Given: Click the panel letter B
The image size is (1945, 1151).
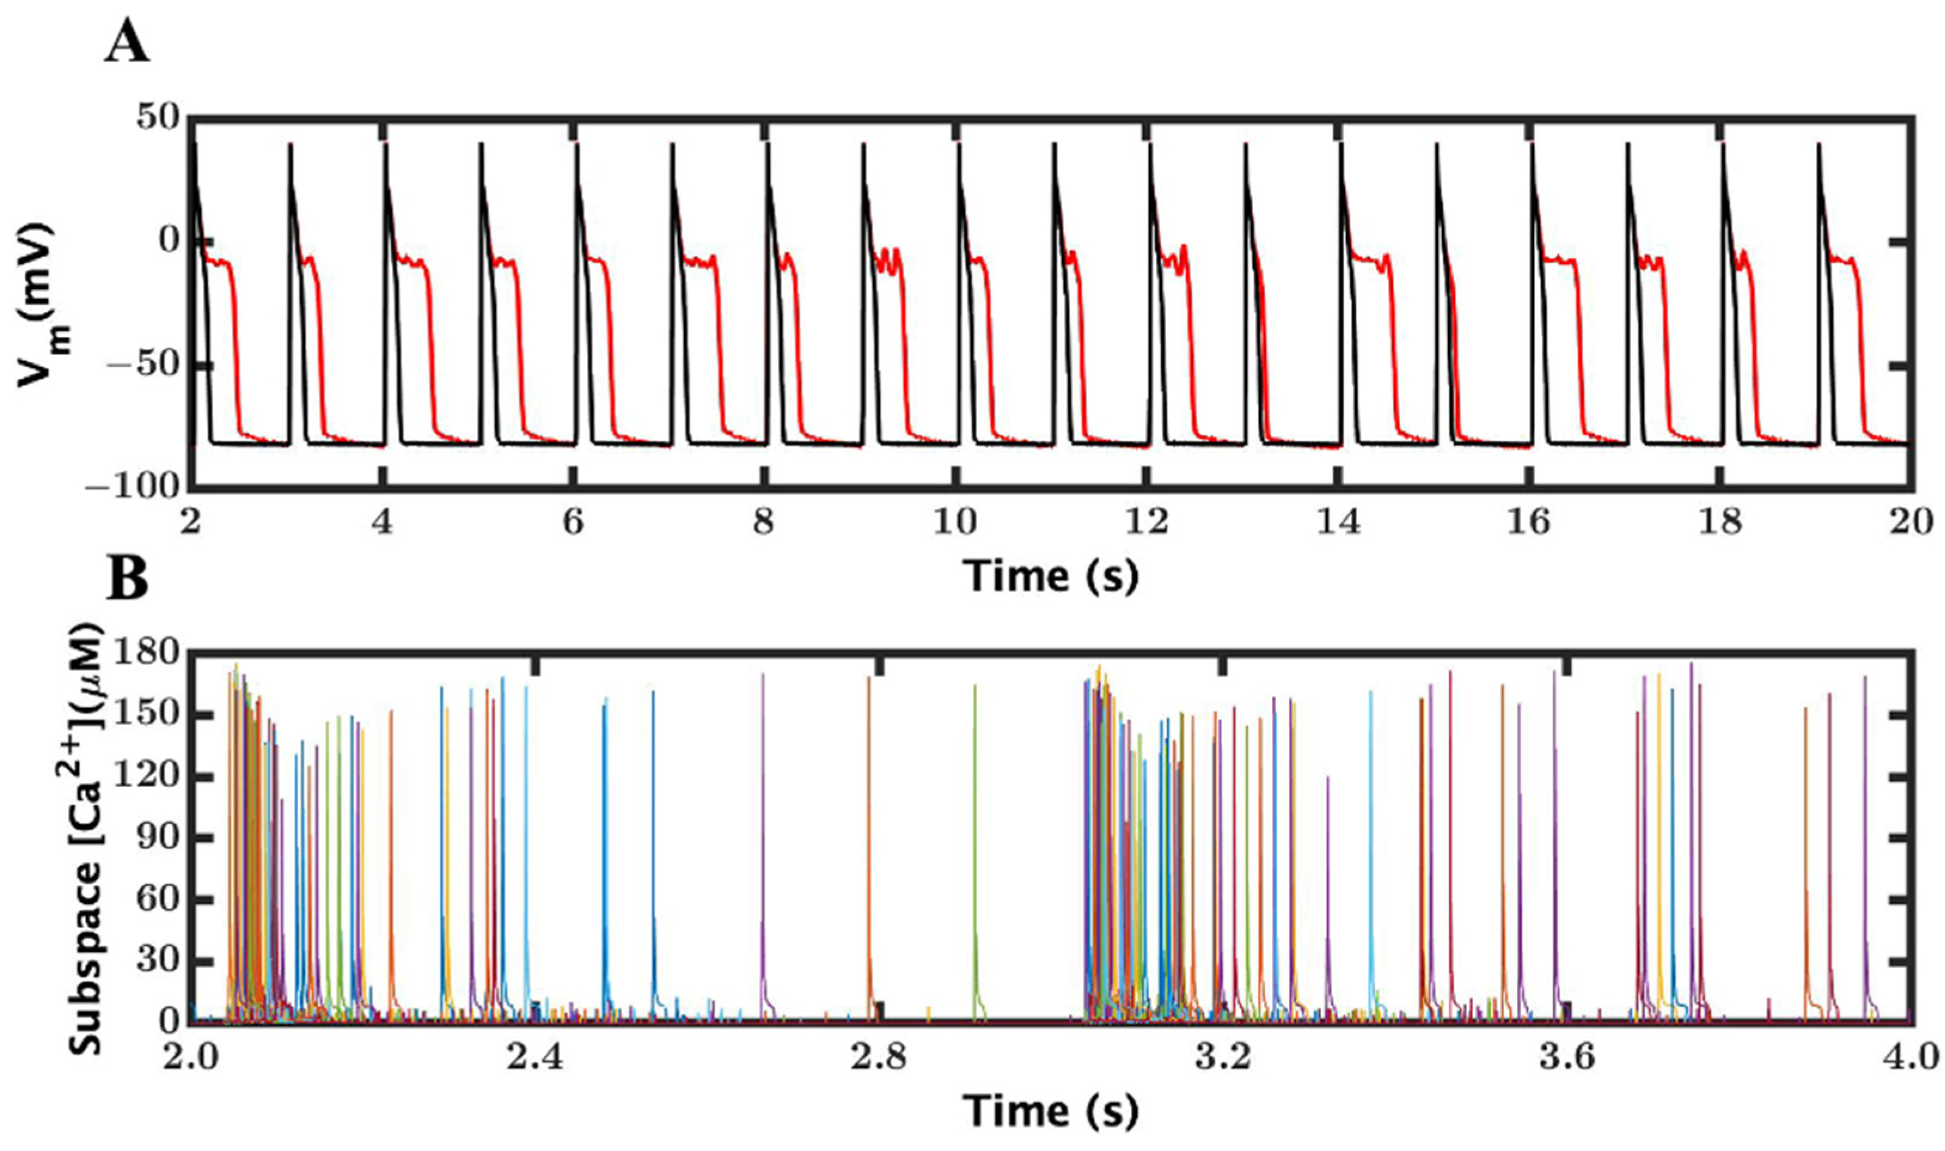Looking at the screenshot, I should [x=127, y=581].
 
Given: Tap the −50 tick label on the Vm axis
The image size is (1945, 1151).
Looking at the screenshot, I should [x=146, y=365].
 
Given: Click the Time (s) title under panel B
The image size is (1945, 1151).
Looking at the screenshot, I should [x=1051, y=1112].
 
